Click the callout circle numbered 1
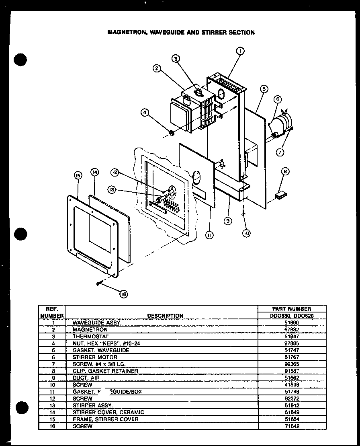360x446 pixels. [240, 51]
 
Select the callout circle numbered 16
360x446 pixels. [124, 294]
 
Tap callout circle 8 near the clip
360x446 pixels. [285, 172]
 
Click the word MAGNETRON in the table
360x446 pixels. [90, 329]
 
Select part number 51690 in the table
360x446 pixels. [291, 323]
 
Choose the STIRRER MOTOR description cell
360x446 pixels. [95, 357]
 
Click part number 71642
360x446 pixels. [291, 426]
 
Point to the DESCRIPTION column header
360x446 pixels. [165, 316]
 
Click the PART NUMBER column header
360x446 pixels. [291, 308]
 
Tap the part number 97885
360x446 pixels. [291, 343]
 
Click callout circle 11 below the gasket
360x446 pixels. [209, 234]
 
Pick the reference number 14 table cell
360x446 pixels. [52, 412]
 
